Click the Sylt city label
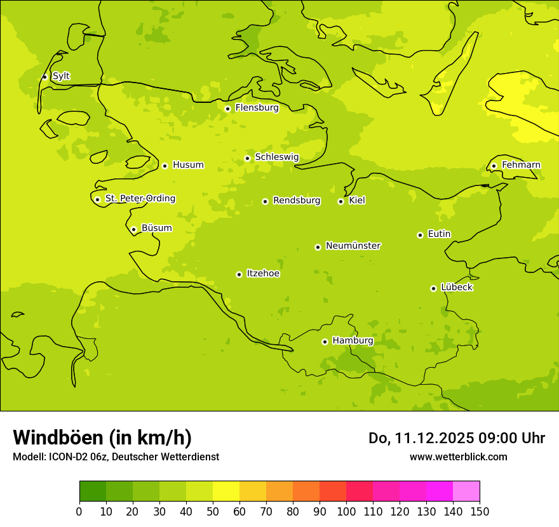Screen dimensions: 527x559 [61, 76]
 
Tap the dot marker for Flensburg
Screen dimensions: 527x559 [227, 109]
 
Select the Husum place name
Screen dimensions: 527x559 [188, 165]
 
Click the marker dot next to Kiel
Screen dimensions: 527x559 [340, 201]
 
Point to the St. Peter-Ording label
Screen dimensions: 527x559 [140, 199]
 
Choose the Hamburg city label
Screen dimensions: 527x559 [353, 341]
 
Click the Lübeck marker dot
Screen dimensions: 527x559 [433, 288]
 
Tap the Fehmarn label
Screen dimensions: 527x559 [521, 165]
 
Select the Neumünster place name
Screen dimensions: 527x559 [353, 246]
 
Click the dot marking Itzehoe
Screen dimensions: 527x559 [239, 274]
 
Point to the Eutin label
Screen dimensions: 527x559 [439, 234]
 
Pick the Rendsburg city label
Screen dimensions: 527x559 [297, 201]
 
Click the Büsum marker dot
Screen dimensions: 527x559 [133, 229]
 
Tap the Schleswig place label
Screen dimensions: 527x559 [277, 157]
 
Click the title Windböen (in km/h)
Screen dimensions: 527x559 [102, 437]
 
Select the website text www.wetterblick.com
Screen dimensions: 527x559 [458, 457]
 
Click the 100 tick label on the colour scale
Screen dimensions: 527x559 [346, 511]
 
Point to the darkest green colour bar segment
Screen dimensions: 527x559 [93, 491]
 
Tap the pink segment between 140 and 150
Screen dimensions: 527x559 [466, 491]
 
